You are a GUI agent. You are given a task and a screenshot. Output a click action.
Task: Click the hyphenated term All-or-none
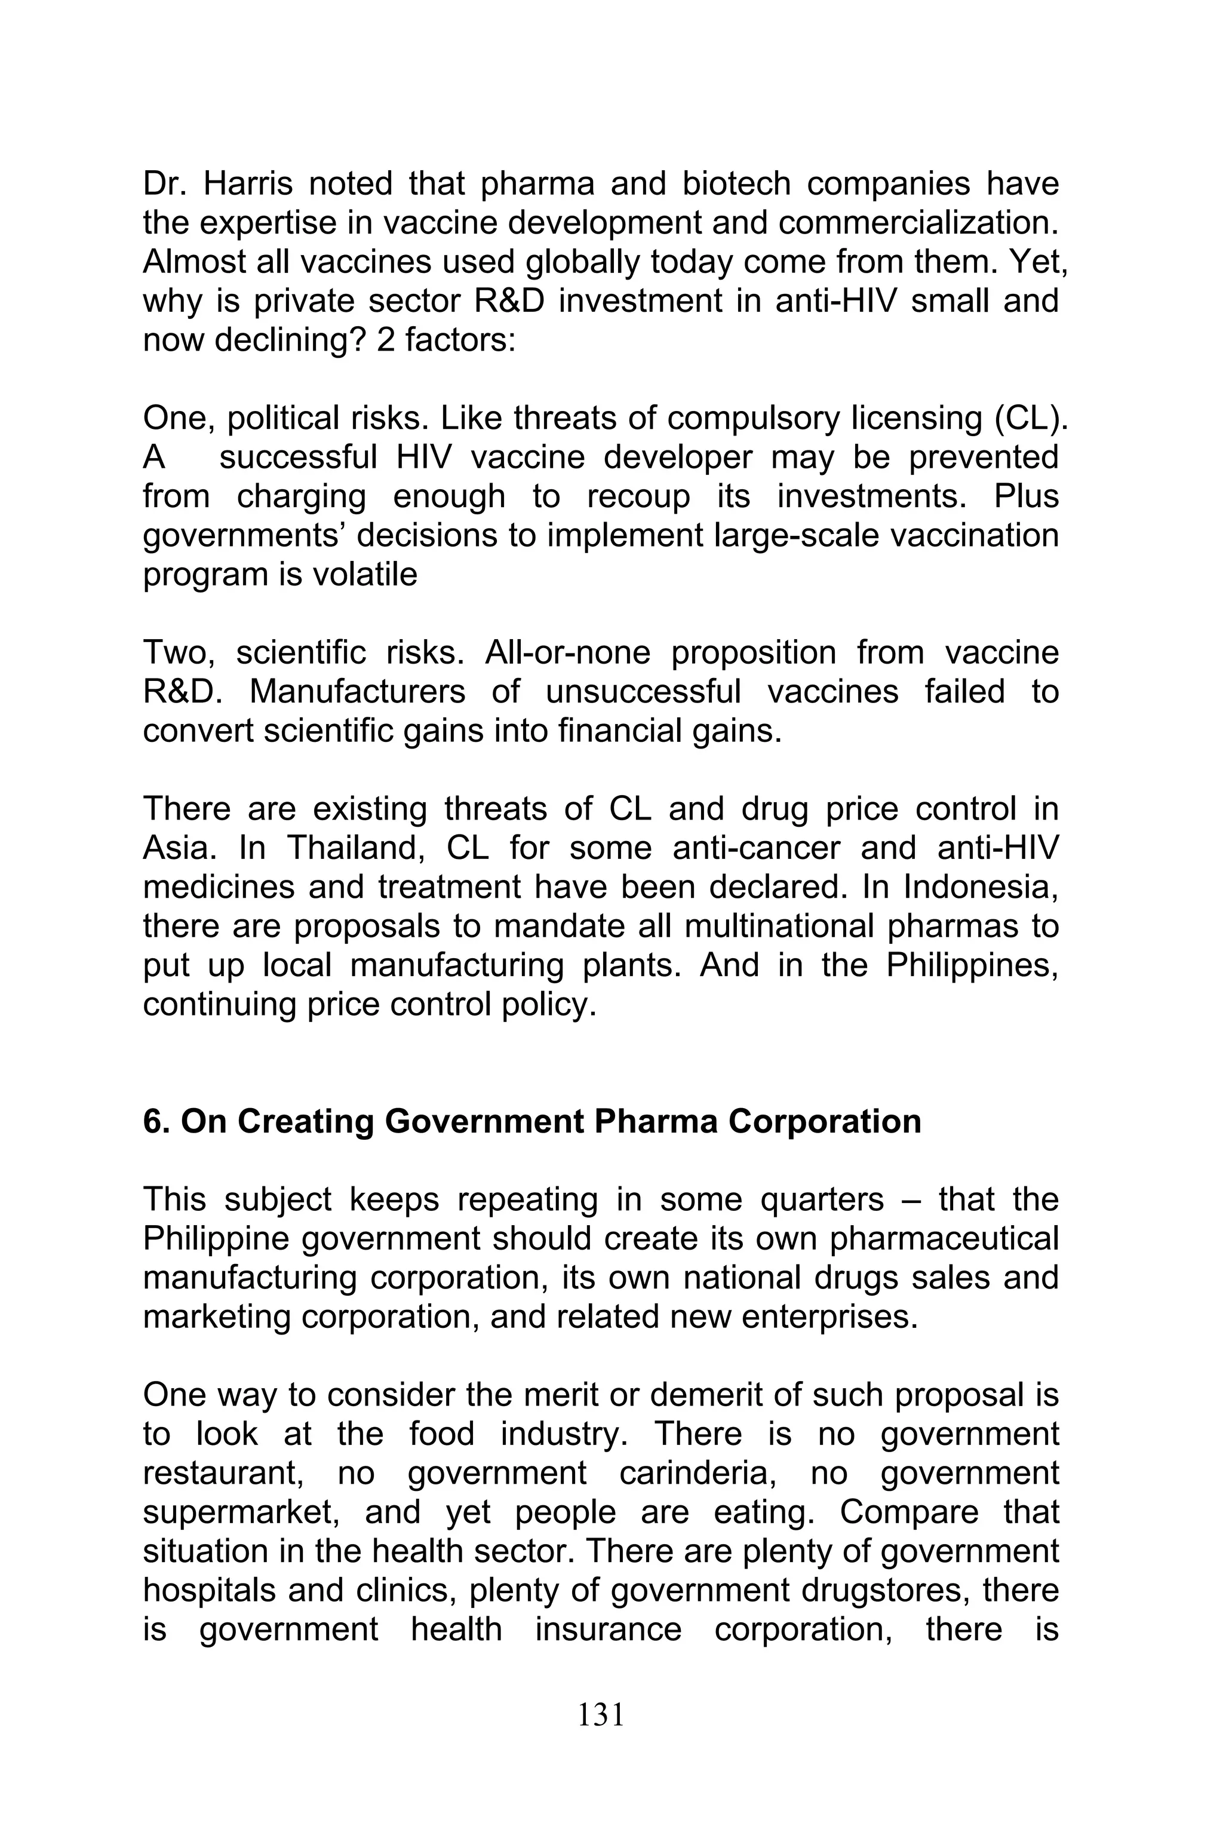click(x=567, y=653)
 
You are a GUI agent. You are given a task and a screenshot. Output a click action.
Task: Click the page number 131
click(x=601, y=1714)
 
